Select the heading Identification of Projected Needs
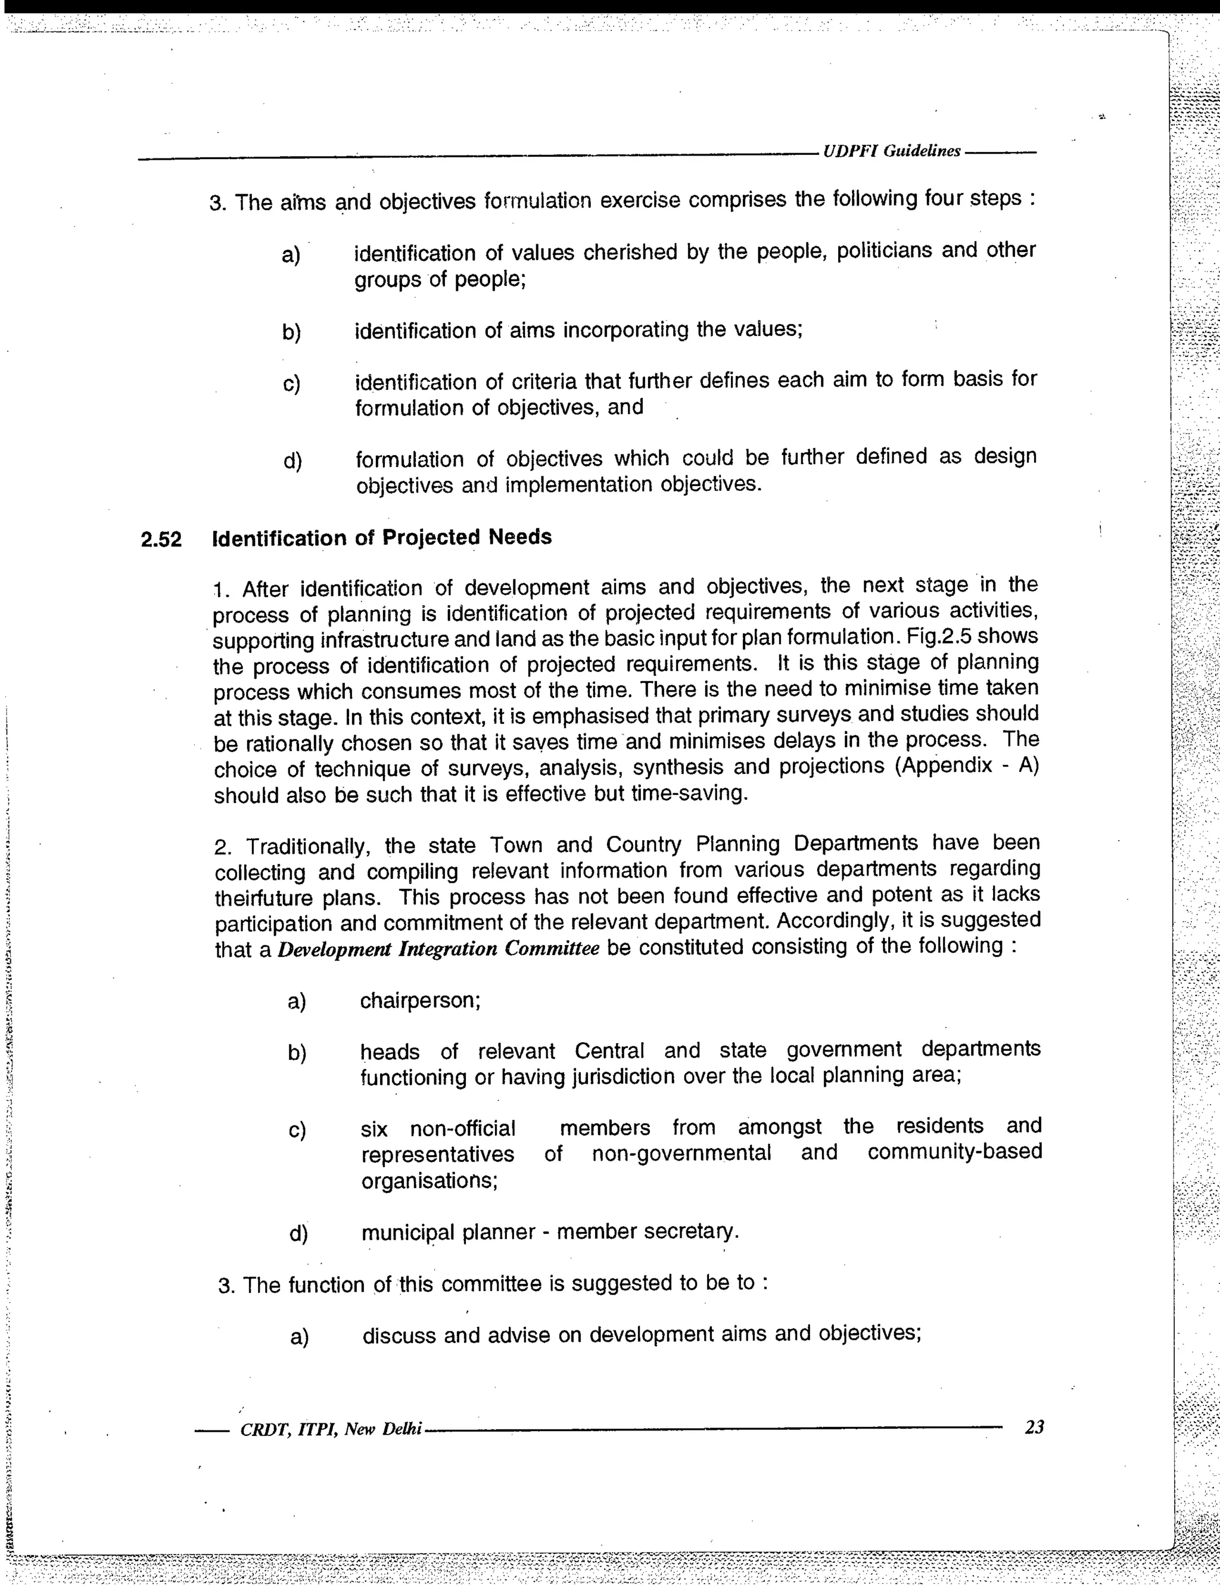click(x=382, y=537)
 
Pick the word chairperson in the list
click(x=420, y=1001)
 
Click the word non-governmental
click(x=681, y=1153)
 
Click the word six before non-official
click(x=374, y=1129)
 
